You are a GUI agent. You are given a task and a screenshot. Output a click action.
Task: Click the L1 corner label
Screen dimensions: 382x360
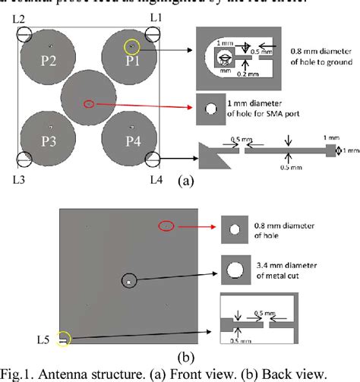pos(156,16)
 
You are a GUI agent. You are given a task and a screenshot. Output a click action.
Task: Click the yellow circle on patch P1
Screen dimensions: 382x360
pos(132,47)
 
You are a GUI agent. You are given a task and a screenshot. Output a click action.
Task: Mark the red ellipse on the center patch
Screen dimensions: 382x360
pos(89,103)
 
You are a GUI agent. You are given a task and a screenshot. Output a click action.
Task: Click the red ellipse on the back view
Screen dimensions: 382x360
pos(166,226)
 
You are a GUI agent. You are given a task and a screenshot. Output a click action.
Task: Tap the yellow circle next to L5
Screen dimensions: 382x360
pos(63,339)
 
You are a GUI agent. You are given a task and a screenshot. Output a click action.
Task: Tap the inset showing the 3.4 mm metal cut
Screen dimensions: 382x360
pos(235,267)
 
